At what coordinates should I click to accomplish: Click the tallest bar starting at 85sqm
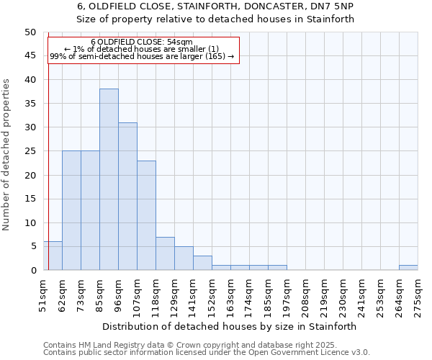coord(109,179)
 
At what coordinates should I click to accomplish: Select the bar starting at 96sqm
coord(127,197)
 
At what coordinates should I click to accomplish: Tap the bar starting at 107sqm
coord(146,215)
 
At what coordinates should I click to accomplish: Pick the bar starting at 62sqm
coord(71,210)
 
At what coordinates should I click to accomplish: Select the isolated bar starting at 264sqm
coord(408,268)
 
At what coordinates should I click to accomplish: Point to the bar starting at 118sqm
coord(165,253)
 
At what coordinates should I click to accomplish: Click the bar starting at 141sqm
coord(202,263)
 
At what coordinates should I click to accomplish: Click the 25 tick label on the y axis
coord(30,151)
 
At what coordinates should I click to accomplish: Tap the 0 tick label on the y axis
coord(33,270)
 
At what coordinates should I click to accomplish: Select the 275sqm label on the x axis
coord(418,296)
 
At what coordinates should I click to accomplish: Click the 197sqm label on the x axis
coord(287,296)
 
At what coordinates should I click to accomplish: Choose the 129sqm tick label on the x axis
coord(174,296)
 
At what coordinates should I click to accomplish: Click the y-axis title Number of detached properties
coord(6,154)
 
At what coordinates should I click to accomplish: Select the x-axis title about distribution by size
coord(230,326)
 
